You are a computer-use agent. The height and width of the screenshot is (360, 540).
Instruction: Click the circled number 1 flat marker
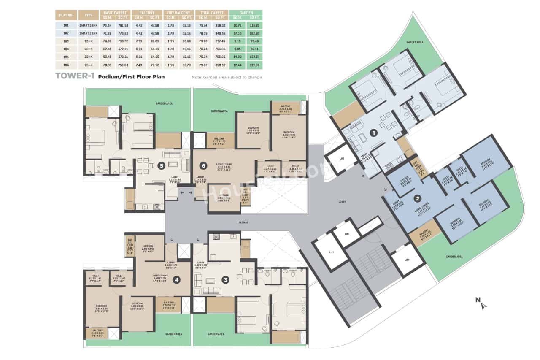coord(373,133)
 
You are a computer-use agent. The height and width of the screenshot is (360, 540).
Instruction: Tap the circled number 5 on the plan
coord(161,165)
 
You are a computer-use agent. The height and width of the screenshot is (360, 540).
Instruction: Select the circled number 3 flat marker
coord(226,279)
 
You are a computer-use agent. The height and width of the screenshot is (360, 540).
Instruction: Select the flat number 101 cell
coord(65,25)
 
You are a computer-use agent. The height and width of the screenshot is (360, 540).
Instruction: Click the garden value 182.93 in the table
coord(254,33)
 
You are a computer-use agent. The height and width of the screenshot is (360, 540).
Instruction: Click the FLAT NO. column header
coord(65,15)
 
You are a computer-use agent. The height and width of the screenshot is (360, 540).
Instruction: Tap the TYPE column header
coord(88,15)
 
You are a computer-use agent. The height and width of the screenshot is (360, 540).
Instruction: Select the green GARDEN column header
coord(246,13)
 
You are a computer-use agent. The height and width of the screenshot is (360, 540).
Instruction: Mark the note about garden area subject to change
coord(227,77)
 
